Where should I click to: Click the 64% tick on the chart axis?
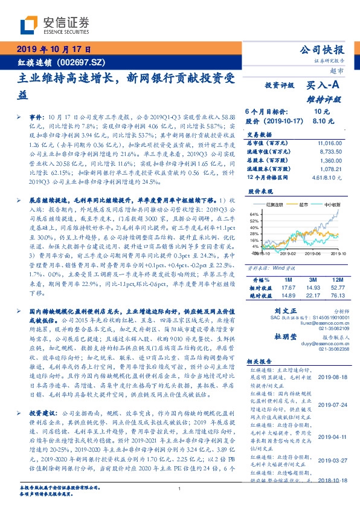(255, 213)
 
